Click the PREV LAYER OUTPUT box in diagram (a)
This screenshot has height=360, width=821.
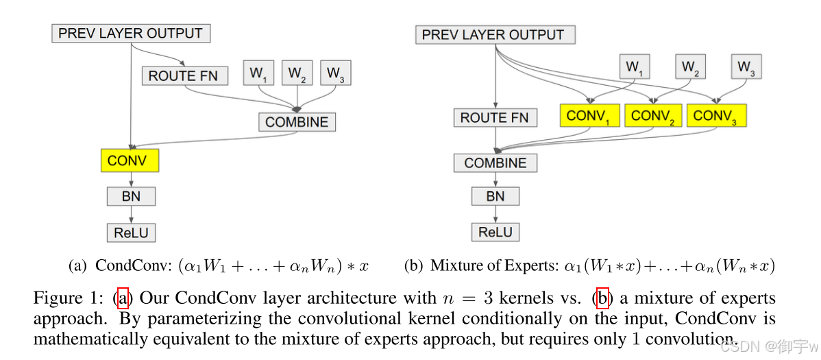[130, 33]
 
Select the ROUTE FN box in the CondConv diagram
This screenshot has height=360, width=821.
[183, 75]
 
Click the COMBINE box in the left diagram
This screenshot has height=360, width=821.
[297, 122]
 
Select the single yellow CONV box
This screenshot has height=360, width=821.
[127, 161]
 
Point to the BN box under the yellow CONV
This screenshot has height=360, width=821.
[131, 196]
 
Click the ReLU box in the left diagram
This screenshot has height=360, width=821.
[131, 232]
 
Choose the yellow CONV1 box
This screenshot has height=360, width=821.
[589, 116]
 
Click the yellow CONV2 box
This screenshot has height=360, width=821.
[652, 116]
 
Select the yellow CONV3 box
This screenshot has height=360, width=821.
[715, 116]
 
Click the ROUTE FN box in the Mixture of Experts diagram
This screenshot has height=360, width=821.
[494, 118]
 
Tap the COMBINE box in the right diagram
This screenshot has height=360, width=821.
[495, 163]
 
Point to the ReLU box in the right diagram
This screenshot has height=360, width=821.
[495, 232]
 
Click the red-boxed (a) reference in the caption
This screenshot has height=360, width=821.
[123, 298]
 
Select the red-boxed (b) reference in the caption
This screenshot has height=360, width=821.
[602, 298]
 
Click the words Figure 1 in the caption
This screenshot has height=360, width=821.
[65, 298]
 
